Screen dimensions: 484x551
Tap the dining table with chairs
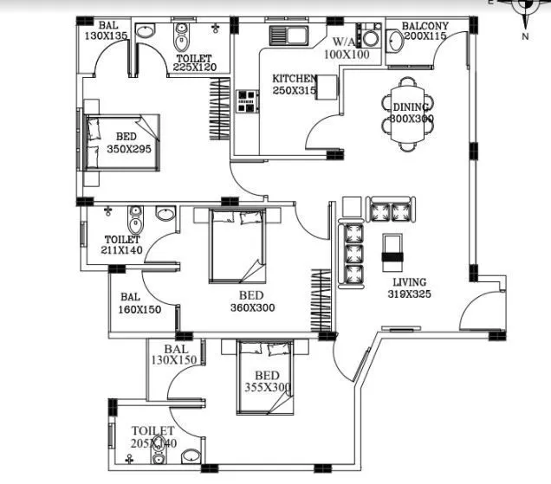pos(407,113)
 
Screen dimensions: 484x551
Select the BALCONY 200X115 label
pos(425,31)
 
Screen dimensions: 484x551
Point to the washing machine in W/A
pos(372,38)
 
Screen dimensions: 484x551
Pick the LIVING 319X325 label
pos(410,288)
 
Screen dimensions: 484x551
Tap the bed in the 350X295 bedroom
pos(121,140)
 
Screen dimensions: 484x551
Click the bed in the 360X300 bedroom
pos(237,246)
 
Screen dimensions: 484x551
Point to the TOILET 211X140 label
pos(121,245)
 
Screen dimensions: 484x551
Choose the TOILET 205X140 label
pos(153,436)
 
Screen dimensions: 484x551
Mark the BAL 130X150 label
pos(174,354)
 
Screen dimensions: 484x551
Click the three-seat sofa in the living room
pos(351,254)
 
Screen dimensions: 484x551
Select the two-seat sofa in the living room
pos(389,210)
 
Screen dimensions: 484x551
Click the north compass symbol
pos(525,7)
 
